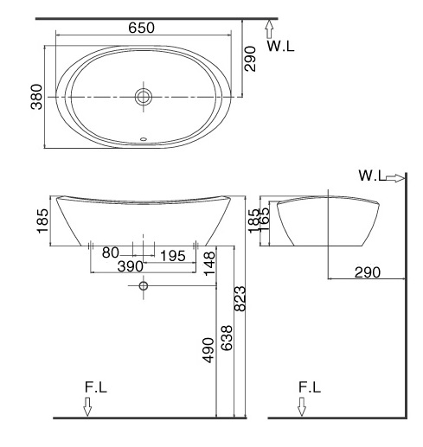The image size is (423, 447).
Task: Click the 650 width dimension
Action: click(142, 27)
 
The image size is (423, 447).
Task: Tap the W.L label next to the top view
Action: click(280, 47)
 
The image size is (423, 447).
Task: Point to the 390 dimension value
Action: click(131, 266)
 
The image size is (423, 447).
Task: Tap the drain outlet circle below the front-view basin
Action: click(144, 286)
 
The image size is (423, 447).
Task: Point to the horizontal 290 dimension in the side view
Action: click(368, 272)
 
